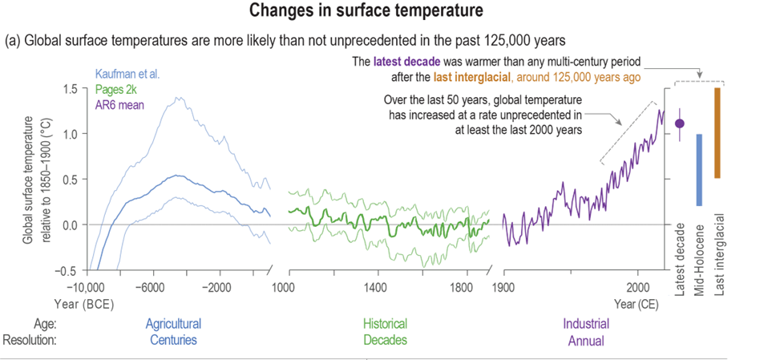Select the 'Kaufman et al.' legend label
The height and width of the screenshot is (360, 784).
coord(127,74)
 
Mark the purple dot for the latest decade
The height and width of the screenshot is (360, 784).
coord(680,123)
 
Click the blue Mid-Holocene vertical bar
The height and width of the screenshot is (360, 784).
coord(699,170)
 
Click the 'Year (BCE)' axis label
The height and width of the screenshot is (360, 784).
coord(79,304)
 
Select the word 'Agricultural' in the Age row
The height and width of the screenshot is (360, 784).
coord(173,324)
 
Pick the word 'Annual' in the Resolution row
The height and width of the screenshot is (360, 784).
coord(585,340)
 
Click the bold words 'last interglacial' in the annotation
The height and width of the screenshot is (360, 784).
coord(472,78)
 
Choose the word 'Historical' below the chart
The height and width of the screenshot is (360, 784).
coord(385,324)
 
